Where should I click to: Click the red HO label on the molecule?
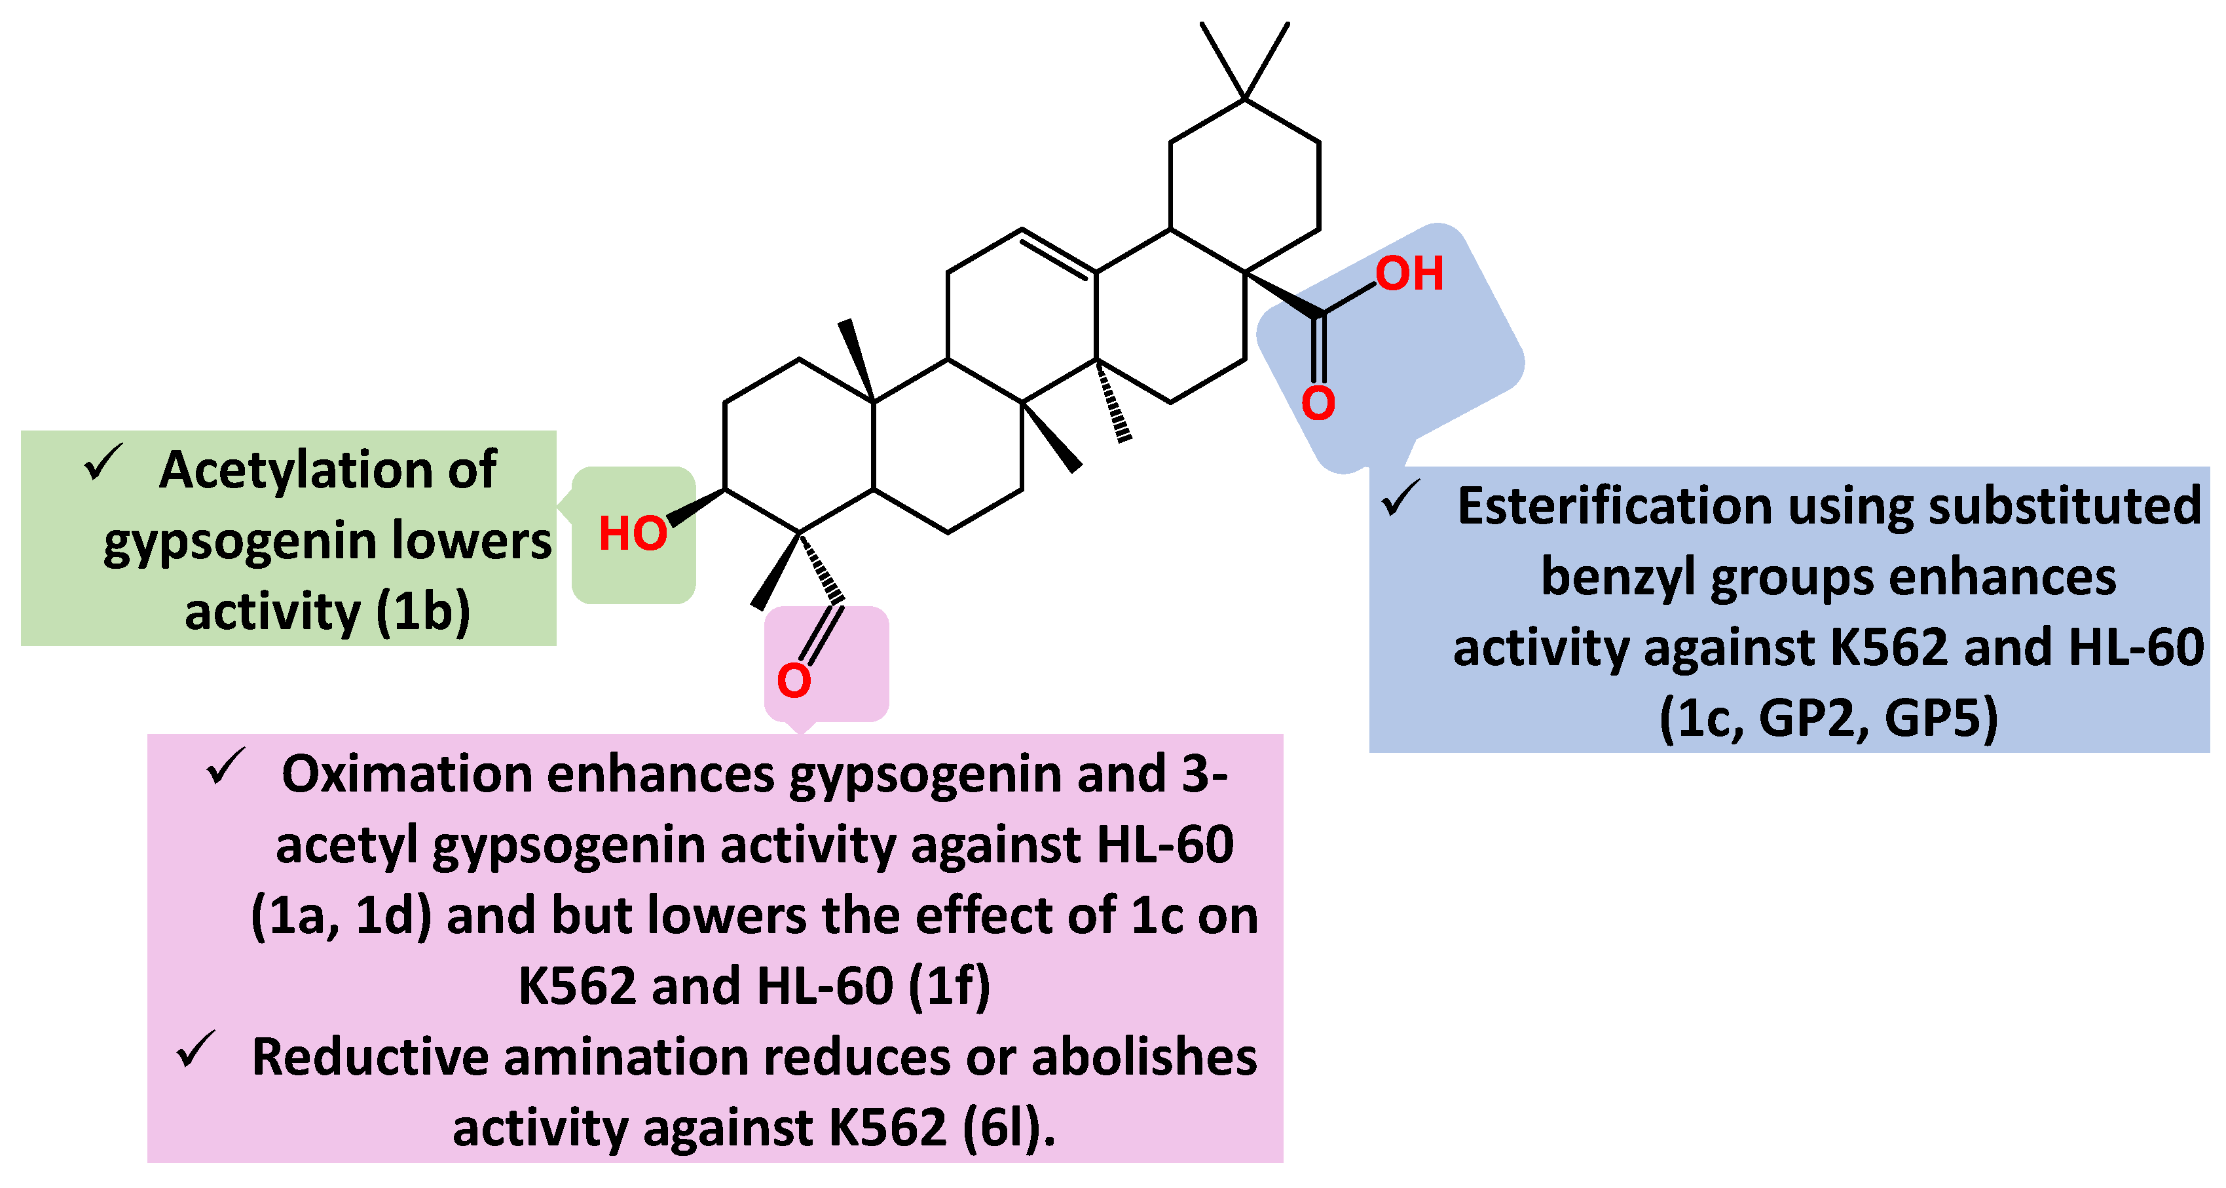[x=633, y=533]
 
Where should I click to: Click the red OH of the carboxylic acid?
[x=1409, y=274]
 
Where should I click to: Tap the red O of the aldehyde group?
[x=793, y=680]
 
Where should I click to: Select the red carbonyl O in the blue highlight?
[x=1318, y=403]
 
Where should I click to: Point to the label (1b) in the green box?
[x=424, y=611]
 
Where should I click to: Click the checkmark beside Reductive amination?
[x=196, y=1050]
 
